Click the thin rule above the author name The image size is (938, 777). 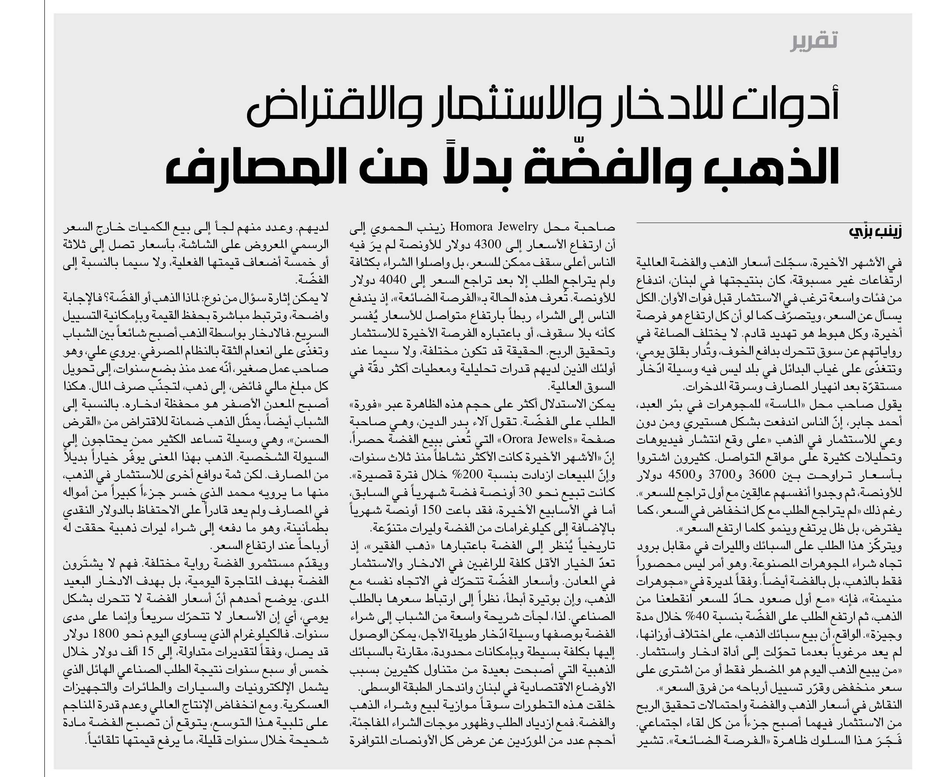[x=768, y=222]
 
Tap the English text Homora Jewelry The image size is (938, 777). [x=494, y=227]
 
